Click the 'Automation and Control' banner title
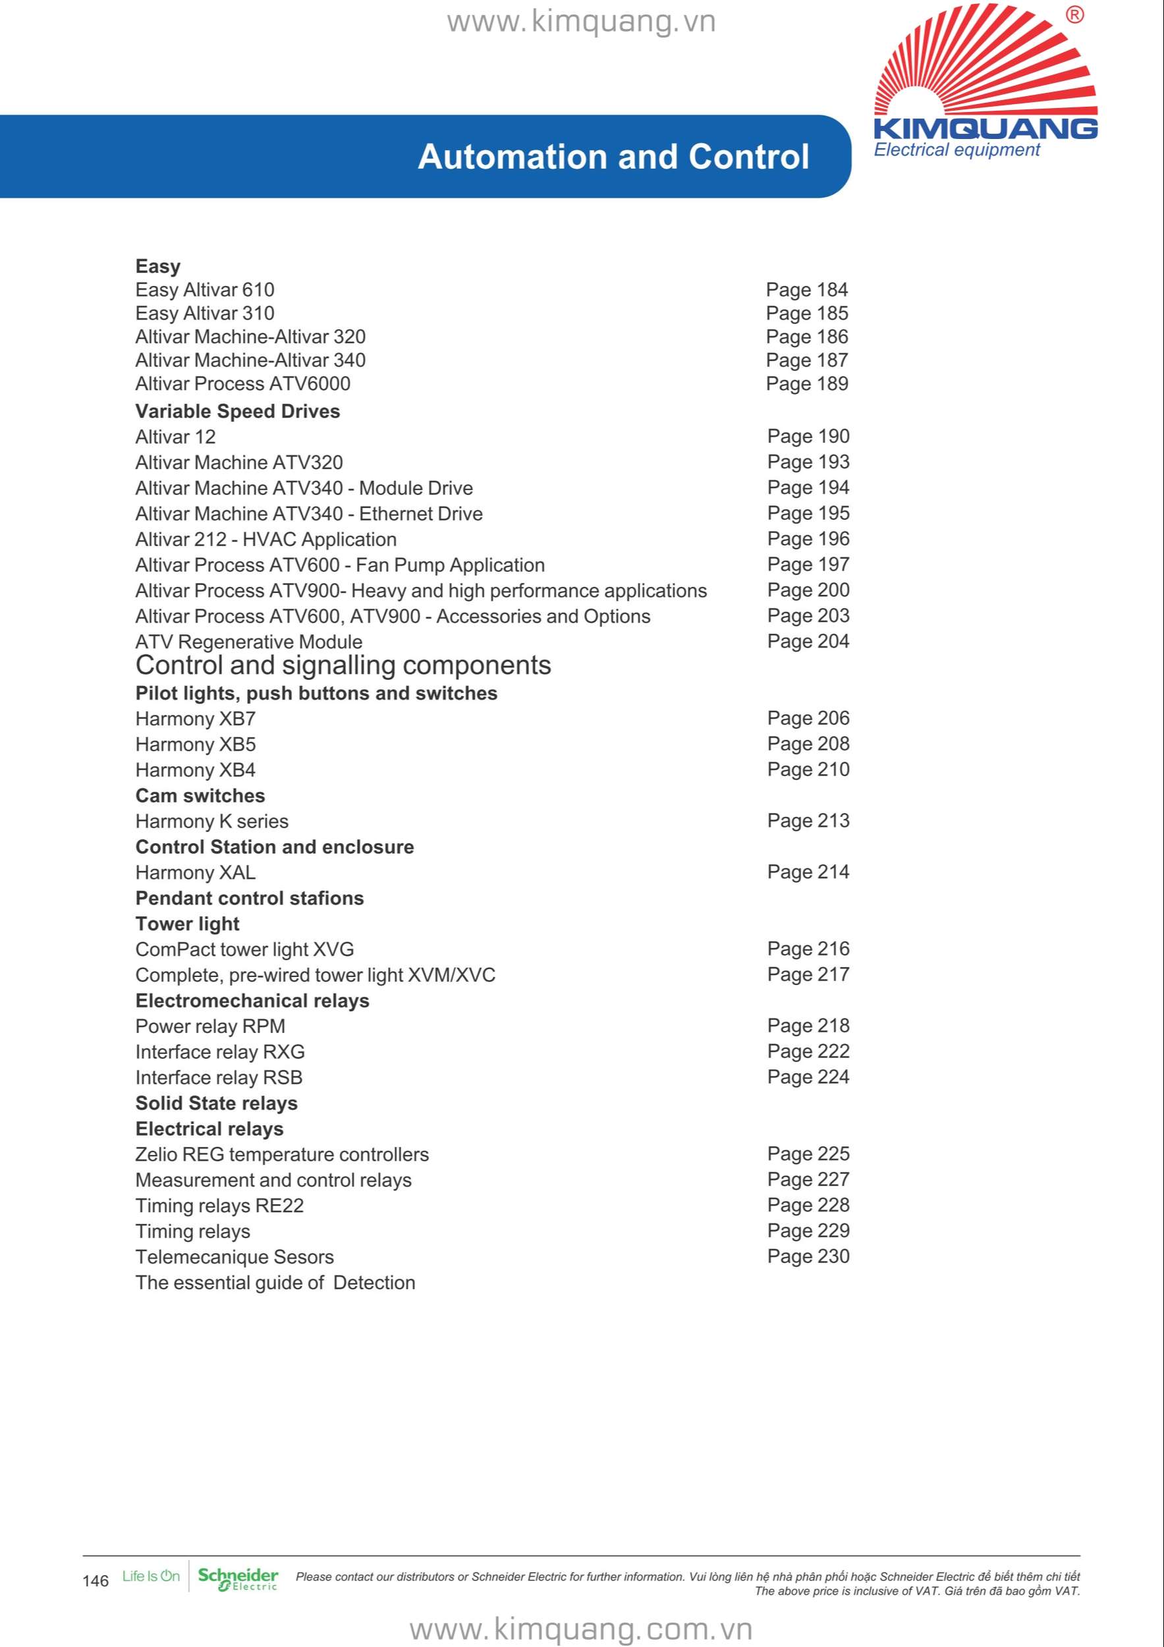[613, 157]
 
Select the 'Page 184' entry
[806, 290]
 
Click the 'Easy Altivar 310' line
[204, 314]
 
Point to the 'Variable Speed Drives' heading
[237, 411]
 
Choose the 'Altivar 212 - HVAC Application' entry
[265, 540]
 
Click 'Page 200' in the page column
[808, 590]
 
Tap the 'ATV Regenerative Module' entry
[248, 642]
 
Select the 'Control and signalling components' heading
[343, 665]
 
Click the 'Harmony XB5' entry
[195, 744]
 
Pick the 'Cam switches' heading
[200, 796]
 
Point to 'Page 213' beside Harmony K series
[808, 821]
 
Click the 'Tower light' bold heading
[187, 924]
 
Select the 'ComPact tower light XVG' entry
[244, 950]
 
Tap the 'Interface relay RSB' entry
[219, 1077]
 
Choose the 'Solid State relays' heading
[216, 1103]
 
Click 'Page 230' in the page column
[808, 1256]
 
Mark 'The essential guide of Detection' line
[275, 1283]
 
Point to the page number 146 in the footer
[96, 1581]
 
